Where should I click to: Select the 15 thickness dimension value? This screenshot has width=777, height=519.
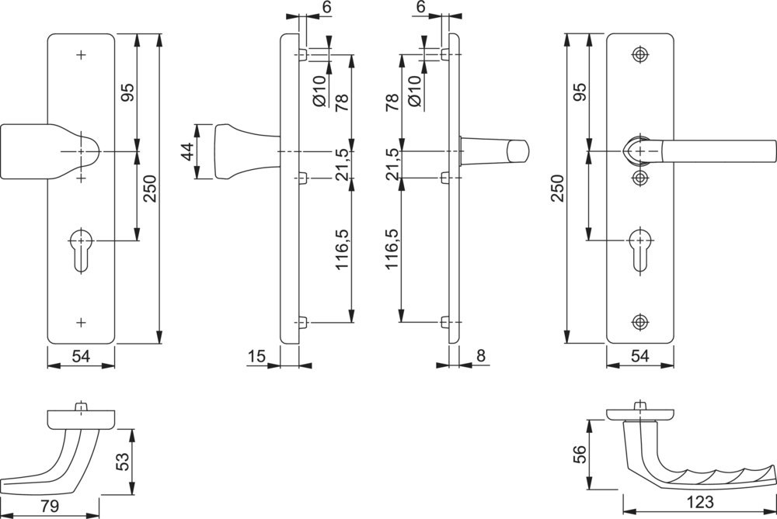tap(257, 356)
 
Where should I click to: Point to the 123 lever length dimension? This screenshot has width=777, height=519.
tap(699, 502)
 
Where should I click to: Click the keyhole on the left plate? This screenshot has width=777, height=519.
tap(81, 247)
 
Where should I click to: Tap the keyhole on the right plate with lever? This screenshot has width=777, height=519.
tap(639, 247)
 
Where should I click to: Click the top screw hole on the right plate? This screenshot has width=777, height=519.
tap(639, 54)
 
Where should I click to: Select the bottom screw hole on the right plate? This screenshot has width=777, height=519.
tap(639, 322)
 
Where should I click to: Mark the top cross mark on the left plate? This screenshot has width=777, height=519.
tap(81, 54)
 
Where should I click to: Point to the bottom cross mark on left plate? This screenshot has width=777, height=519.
tap(81, 321)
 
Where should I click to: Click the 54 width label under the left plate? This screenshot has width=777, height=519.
tap(81, 356)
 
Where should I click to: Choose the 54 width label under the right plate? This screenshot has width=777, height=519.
tap(639, 356)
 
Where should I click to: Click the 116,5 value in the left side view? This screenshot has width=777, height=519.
tap(341, 249)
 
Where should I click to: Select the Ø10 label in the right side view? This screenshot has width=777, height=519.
tap(413, 91)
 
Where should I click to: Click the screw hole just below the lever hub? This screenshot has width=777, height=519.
tap(639, 178)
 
